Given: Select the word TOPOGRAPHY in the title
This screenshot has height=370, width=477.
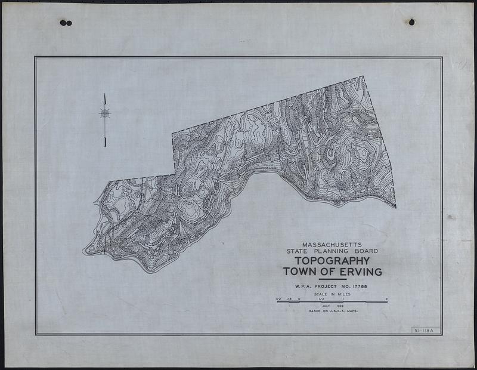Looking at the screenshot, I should pyautogui.click(x=332, y=261).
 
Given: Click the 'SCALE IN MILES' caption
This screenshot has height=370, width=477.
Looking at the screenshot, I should pyautogui.click(x=332, y=294).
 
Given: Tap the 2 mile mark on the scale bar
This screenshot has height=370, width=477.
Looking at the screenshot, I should pyautogui.click(x=387, y=298).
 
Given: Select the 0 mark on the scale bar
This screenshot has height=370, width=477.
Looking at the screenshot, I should pyautogui.click(x=299, y=298).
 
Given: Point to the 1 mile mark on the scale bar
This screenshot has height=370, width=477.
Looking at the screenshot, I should pyautogui.click(x=343, y=298).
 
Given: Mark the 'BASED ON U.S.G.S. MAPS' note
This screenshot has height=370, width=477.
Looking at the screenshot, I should pyautogui.click(x=332, y=312).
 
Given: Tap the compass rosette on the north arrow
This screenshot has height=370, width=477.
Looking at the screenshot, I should pyautogui.click(x=105, y=113).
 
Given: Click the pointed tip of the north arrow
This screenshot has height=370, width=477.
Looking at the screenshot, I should pyautogui.click(x=105, y=94).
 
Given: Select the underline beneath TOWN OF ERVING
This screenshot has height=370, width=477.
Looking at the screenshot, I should pyautogui.click(x=332, y=279).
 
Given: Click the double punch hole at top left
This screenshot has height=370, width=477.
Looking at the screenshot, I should pyautogui.click(x=66, y=23).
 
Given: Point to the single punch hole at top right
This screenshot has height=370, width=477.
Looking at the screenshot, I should pyautogui.click(x=411, y=22).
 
